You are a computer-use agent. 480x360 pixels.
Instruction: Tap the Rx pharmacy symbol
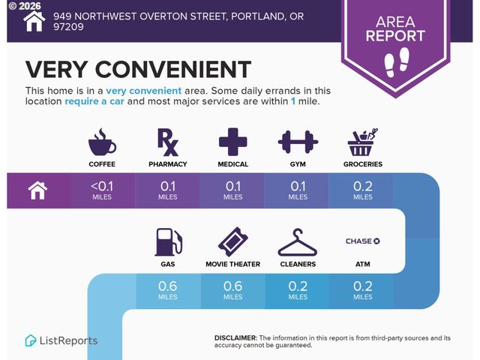pyautogui.click(x=167, y=140)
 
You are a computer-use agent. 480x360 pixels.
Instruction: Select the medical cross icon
pyautogui.click(x=232, y=140)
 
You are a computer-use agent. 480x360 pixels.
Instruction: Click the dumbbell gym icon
pyautogui.click(x=298, y=140)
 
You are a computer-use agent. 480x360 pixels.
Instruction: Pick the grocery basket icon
pyautogui.click(x=363, y=140)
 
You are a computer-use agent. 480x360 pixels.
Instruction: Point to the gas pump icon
pyautogui.click(x=168, y=241)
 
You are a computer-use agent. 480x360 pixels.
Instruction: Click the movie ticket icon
pyautogui.click(x=232, y=241)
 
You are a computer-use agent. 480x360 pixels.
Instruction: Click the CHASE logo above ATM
pyautogui.click(x=363, y=241)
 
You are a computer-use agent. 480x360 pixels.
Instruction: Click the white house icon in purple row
pyautogui.click(x=38, y=190)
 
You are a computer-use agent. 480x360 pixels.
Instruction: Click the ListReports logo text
pyautogui.click(x=67, y=340)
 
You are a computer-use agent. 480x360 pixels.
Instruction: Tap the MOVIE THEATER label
pyautogui.click(x=232, y=265)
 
